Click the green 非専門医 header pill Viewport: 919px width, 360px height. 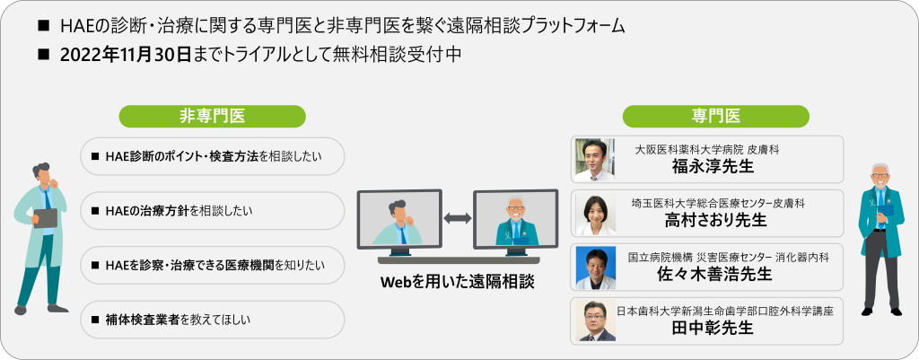[x=212, y=116]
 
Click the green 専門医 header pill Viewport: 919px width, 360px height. [x=715, y=116]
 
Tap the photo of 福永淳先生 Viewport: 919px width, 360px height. [x=594, y=160]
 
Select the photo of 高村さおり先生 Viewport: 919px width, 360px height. [x=594, y=214]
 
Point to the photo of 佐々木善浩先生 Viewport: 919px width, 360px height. [x=594, y=268]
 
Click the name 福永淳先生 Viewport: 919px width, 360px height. [x=713, y=166]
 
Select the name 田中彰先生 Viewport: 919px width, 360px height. [x=713, y=328]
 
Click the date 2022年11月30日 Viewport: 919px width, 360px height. [x=126, y=55]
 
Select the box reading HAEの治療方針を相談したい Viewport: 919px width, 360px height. [x=212, y=210]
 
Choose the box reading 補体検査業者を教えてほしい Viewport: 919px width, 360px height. [x=212, y=320]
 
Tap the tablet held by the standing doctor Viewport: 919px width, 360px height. [x=45, y=218]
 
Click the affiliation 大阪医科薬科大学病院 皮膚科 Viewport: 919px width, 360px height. [x=707, y=150]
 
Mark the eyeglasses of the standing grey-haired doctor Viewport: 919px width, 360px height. [x=880, y=176]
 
